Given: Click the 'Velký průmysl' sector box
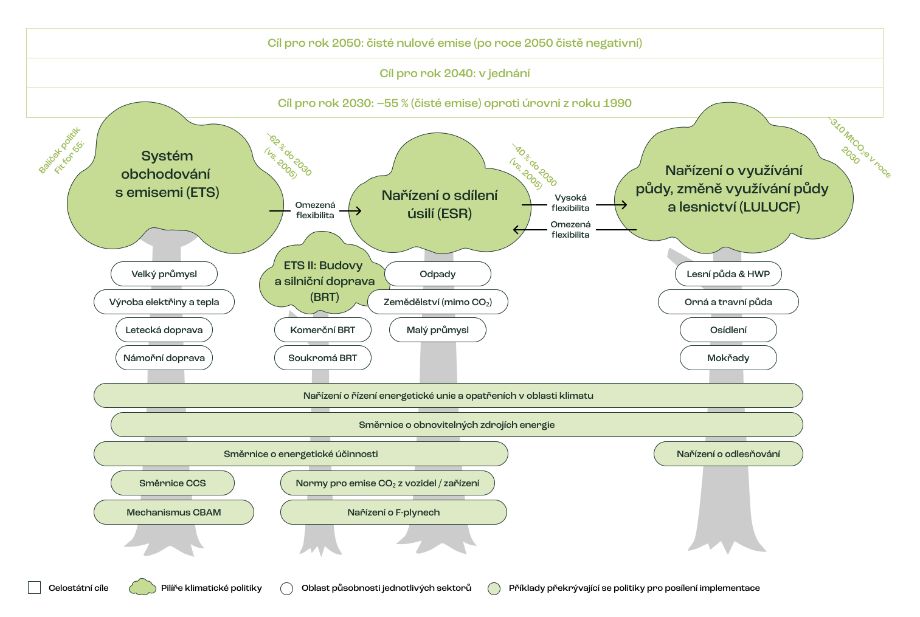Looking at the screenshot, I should pos(164,274).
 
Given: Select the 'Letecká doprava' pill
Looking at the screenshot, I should pos(164,330).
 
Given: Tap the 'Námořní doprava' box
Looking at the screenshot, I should pos(164,358).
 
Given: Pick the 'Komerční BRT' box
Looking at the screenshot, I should pos(322,330).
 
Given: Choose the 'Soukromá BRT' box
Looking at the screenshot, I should pos(322,358).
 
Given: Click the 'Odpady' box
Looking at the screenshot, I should pos(438,274).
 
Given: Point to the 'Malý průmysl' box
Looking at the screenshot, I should pos(438,330).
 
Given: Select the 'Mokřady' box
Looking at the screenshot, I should pos(728,358).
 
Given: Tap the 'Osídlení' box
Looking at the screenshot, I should pos(728,330).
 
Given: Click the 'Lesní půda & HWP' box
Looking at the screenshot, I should pos(728,274).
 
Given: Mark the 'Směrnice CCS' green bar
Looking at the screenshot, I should pos(173,483).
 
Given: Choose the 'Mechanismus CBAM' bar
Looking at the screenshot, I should pos(174,512).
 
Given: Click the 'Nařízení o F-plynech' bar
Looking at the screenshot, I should pos(393,512).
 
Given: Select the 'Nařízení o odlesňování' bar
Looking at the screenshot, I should pos(728,454).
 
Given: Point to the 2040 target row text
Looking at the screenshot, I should pos(455,74).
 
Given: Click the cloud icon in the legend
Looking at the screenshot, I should pos(142,587).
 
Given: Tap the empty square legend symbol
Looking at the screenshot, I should pos(34,588).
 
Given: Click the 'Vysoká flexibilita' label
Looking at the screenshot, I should pos(570,203).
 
